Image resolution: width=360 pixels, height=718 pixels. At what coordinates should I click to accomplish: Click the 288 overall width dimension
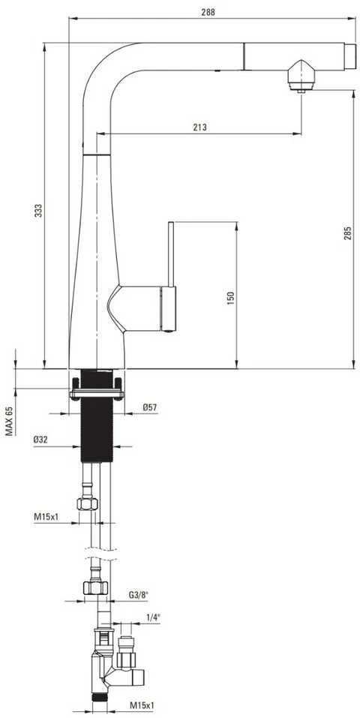tap(208, 12)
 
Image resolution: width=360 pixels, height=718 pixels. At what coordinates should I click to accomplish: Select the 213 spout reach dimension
tap(199, 128)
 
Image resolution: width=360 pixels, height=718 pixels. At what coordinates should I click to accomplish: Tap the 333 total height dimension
tap(39, 210)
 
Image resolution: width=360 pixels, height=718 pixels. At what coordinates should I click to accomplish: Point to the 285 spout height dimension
tap(348, 233)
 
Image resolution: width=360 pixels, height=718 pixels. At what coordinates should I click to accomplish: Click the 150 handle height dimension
tap(230, 298)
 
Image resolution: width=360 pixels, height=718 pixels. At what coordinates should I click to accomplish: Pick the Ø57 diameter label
tap(150, 406)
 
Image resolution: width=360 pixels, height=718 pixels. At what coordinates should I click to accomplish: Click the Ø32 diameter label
tap(40, 439)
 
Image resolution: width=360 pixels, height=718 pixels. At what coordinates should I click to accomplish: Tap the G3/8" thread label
tap(138, 595)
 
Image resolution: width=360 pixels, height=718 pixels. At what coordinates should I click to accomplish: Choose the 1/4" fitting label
tap(153, 617)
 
